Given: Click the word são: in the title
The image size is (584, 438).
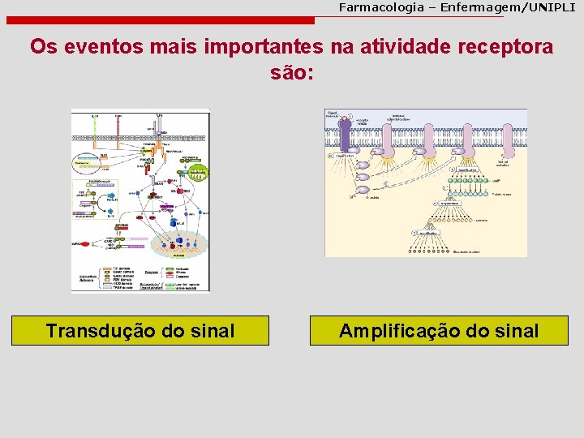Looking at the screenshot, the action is pyautogui.click(x=291, y=74).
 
